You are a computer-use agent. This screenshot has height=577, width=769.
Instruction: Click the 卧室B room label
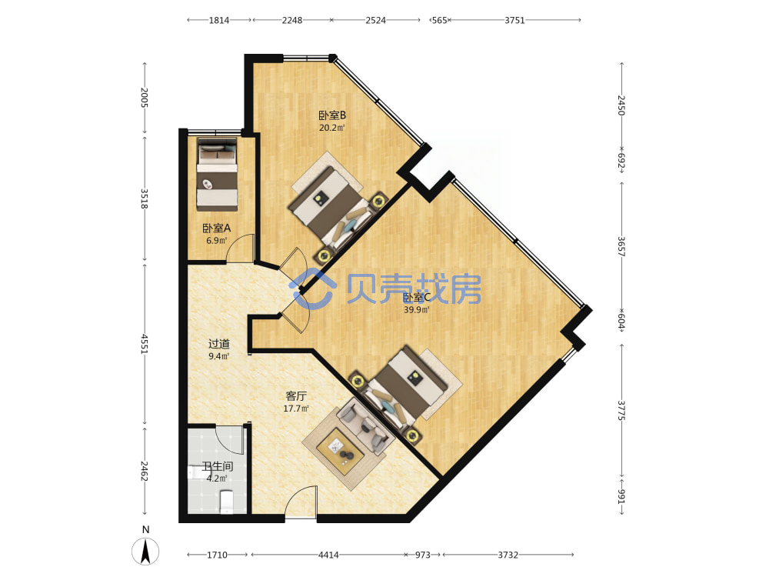tap(332, 115)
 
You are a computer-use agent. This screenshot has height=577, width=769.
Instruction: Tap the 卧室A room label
tap(216, 228)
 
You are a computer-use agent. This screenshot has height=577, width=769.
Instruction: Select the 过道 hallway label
tap(218, 344)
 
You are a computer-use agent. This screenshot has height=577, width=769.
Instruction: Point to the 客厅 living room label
tap(296, 396)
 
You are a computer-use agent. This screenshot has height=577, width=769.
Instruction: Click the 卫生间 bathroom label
tap(217, 466)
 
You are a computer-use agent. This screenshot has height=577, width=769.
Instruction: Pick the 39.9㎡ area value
tap(416, 309)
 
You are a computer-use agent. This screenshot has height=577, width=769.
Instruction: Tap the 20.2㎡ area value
tap(332, 128)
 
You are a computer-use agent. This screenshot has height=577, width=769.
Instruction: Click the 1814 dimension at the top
tap(218, 20)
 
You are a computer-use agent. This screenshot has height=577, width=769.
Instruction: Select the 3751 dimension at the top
tap(514, 20)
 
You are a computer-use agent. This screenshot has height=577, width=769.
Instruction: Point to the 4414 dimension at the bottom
tap(328, 555)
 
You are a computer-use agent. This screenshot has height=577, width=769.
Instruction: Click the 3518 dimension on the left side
tap(145, 198)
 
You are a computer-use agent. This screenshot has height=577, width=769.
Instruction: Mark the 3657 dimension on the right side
tap(621, 247)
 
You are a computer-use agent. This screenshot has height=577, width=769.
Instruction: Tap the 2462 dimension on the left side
tap(145, 471)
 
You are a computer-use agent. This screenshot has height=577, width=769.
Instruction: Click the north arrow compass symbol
tap(145, 551)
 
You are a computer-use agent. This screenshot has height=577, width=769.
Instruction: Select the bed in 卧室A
tap(217, 174)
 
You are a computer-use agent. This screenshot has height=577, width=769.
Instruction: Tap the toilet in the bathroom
tap(227, 502)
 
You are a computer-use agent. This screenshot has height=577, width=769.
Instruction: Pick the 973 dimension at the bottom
tap(422, 555)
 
